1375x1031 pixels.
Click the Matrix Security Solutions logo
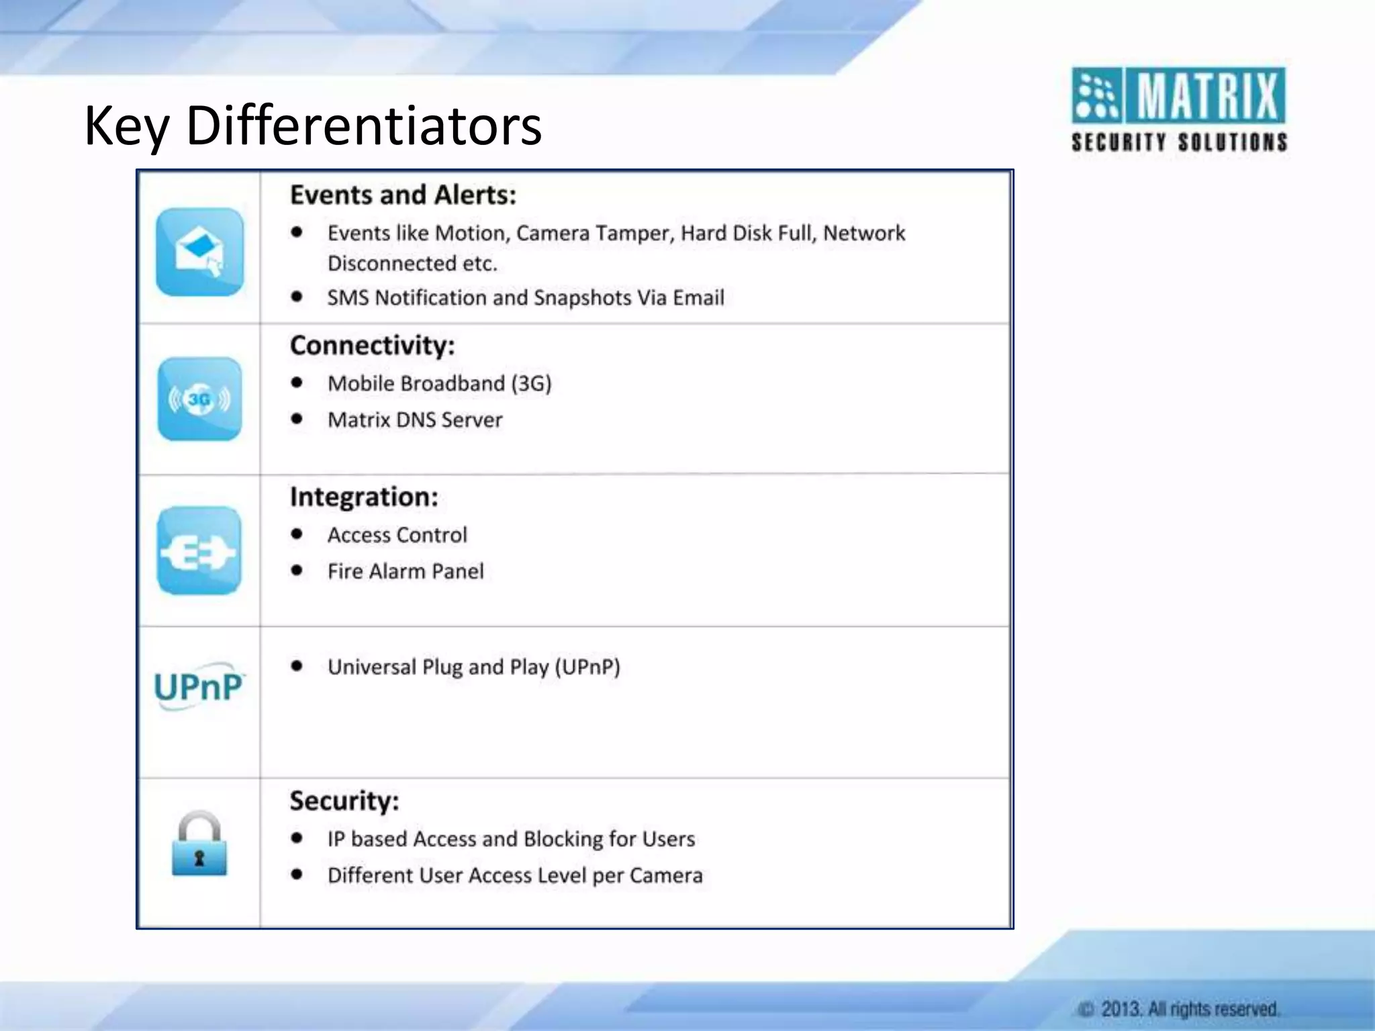click(x=1178, y=109)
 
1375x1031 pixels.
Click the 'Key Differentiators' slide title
click(x=313, y=126)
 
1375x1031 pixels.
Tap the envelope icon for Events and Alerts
click(x=199, y=252)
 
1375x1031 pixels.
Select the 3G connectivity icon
click(x=199, y=399)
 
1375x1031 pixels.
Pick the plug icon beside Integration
click(x=199, y=551)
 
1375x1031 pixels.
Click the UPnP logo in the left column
click(x=199, y=687)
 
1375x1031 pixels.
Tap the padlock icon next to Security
click(x=199, y=844)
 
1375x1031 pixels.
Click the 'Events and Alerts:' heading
click(x=403, y=195)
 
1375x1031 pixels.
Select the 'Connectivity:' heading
click(x=372, y=346)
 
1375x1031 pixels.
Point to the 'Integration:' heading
click(x=364, y=497)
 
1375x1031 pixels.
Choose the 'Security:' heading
click(x=344, y=801)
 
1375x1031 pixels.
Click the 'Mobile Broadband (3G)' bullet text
click(x=439, y=383)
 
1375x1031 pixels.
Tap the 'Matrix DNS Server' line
click(x=415, y=420)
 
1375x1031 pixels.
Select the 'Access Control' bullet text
click(x=397, y=535)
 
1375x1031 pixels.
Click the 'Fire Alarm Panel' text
click(x=406, y=571)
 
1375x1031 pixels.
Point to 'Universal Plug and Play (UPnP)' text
click(x=473, y=667)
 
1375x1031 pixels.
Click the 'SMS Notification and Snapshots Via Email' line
click(x=526, y=297)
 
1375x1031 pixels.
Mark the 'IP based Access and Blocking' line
click(x=511, y=839)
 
